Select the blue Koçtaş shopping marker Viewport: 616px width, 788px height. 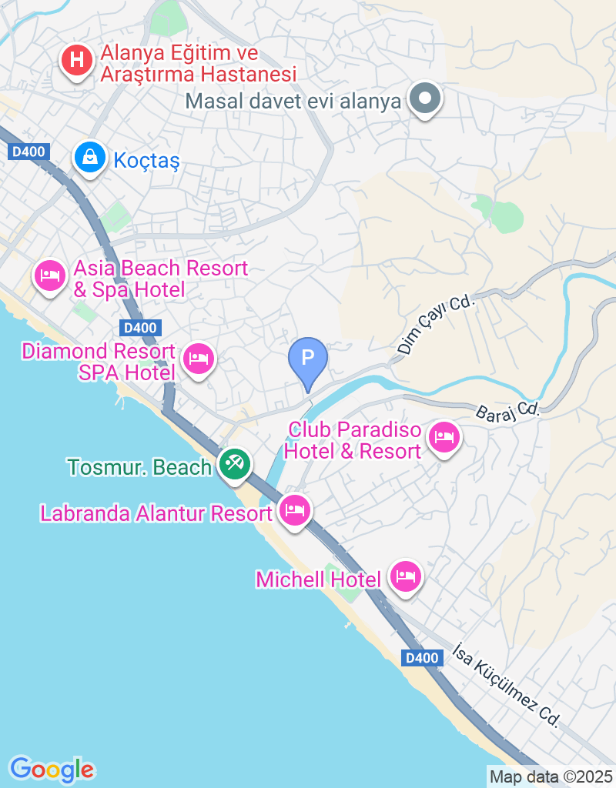90,157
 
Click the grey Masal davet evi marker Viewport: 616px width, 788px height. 423,100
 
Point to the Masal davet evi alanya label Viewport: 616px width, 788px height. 294,101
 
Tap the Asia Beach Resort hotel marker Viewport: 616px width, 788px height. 51,275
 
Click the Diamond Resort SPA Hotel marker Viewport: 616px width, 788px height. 199,358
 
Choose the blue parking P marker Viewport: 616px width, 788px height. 307,359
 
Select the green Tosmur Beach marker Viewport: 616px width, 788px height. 233,464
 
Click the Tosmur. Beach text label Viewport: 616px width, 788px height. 139,467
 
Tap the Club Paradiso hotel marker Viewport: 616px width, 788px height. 444,438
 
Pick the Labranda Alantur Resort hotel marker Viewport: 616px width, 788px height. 294,509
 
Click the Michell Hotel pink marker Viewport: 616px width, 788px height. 405,576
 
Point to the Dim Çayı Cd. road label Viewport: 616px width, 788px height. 436,326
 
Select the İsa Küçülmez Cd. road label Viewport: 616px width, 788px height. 506,682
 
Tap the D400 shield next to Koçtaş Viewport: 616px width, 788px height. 28,152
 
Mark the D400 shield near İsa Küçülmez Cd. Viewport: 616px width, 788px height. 423,658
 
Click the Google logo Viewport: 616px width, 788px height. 52,769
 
